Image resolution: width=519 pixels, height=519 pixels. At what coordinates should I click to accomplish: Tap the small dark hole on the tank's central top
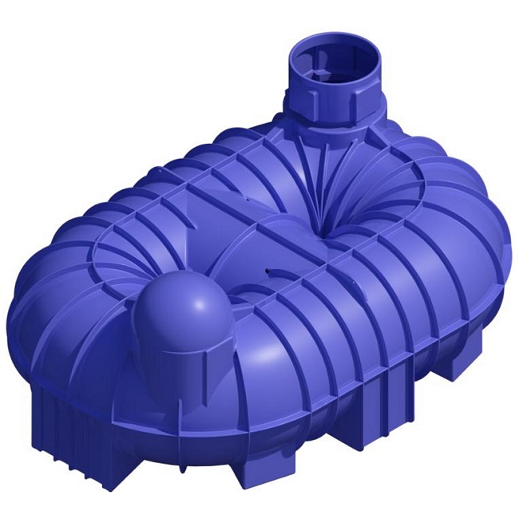[x=266, y=272]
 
